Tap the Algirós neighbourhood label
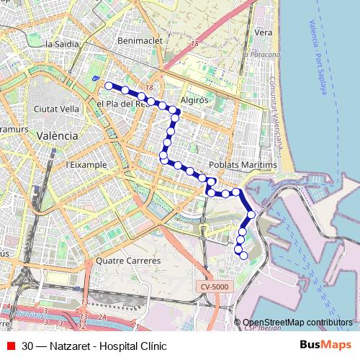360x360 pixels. click(x=194, y=101)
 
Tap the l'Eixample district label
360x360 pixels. click(x=86, y=165)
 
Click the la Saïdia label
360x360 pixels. click(x=60, y=44)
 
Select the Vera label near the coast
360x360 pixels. click(x=263, y=32)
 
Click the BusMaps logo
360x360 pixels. click(x=325, y=346)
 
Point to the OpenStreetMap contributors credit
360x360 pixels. click(x=297, y=323)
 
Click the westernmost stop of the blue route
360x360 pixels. click(x=109, y=86)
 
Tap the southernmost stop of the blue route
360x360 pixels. click(x=243, y=255)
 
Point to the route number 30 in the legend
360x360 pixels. click(x=27, y=346)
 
